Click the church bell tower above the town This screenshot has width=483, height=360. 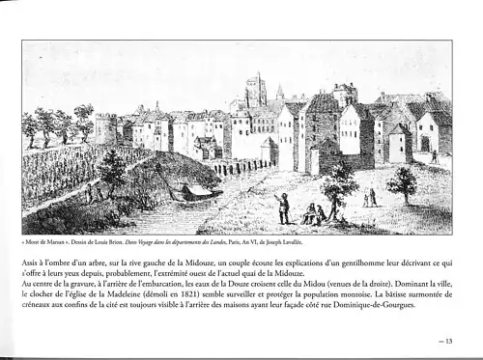click(x=255, y=91)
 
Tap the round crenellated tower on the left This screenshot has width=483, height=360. click(x=104, y=127)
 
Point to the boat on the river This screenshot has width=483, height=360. click(x=199, y=192)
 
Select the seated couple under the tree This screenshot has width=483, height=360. click(x=313, y=214)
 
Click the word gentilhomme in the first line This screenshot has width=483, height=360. click(x=347, y=260)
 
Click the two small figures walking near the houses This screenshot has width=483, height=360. click(x=370, y=197)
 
